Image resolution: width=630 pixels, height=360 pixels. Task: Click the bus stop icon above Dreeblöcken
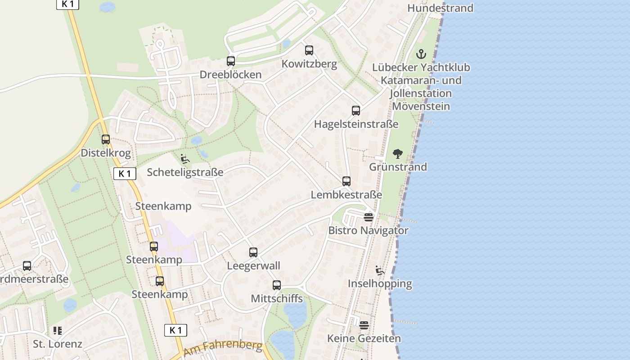(x=231, y=61)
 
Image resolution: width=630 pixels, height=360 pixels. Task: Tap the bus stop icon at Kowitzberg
(x=309, y=50)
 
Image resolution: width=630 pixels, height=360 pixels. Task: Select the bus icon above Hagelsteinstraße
(x=356, y=110)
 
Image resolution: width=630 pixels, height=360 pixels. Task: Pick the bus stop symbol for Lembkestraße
(x=346, y=181)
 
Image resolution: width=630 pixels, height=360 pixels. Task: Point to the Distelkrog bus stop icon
(x=106, y=139)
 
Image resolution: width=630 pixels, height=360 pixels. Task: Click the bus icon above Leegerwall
(x=253, y=252)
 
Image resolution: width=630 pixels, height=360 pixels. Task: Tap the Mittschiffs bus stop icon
(x=277, y=285)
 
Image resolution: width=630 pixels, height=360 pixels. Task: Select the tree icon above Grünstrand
(x=398, y=154)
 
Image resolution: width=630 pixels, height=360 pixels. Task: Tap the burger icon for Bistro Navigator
(x=369, y=217)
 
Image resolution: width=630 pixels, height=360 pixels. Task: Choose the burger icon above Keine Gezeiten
(x=364, y=325)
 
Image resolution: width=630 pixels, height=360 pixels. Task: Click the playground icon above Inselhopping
(x=380, y=270)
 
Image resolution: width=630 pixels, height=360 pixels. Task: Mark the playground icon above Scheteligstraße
(x=185, y=159)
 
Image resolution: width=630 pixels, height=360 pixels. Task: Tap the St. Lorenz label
(x=58, y=344)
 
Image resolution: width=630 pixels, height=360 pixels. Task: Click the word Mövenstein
(x=421, y=107)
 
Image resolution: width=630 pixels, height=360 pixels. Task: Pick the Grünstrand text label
(x=398, y=167)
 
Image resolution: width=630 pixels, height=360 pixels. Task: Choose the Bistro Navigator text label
(x=369, y=230)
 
